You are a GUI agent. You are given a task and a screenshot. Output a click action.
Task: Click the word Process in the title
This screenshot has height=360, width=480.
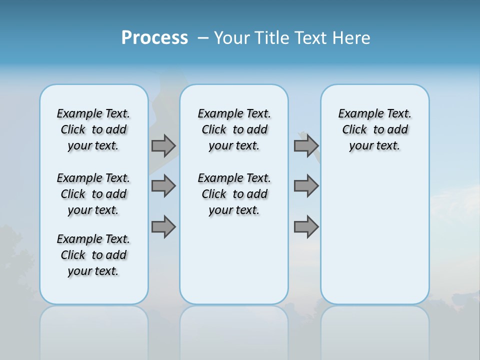click(154, 38)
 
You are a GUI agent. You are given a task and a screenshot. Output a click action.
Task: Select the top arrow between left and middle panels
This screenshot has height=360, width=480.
click(163, 145)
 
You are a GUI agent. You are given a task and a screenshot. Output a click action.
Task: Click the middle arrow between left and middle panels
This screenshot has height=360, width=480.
click(163, 186)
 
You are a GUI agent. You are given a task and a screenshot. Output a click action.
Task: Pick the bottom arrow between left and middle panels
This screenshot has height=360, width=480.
click(163, 227)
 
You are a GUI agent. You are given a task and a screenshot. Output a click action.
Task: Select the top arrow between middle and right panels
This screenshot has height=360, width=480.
click(306, 145)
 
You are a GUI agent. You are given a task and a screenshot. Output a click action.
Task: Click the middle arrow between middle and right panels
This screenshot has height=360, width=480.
click(306, 186)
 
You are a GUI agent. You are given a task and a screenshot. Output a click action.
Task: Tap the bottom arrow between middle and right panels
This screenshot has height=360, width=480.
click(306, 227)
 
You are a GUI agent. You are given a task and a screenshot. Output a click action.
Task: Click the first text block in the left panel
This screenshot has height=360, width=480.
click(93, 129)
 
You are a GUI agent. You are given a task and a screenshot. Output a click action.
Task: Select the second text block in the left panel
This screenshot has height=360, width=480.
click(93, 194)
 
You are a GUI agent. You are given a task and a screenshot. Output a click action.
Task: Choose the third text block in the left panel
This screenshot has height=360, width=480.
click(93, 255)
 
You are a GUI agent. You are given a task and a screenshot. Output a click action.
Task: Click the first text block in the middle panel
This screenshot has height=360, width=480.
click(234, 129)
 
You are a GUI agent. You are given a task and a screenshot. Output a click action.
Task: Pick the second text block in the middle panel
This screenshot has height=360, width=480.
click(234, 194)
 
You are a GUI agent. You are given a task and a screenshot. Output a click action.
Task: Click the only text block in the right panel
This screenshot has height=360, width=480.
click(374, 129)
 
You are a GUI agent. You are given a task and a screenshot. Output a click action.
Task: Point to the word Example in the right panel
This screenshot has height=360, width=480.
click(356, 114)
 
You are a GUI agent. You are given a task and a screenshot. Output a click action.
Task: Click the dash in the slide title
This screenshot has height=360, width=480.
click(203, 38)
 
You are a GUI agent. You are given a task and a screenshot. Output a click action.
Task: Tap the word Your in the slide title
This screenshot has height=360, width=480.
click(232, 38)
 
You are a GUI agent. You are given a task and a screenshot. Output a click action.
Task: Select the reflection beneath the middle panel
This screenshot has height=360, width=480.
click(234, 330)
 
